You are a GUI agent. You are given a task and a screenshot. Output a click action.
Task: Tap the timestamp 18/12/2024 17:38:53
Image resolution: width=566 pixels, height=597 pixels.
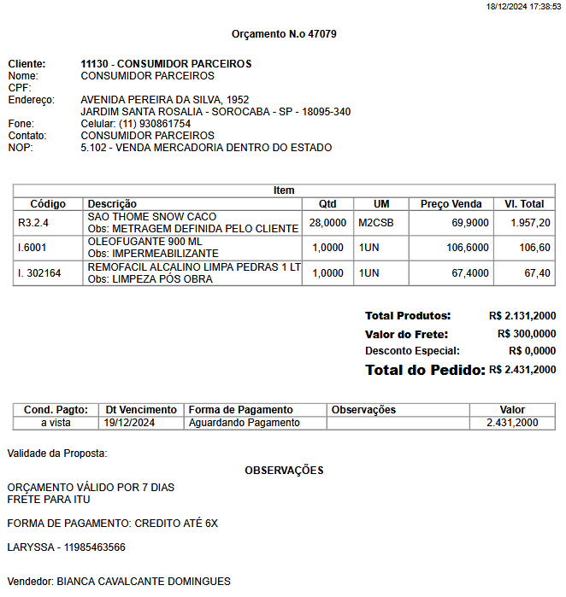coord(523,6)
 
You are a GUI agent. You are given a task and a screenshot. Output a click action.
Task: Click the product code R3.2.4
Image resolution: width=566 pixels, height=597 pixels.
coord(34,223)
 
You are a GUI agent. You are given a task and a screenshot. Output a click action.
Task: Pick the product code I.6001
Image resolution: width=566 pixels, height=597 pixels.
coord(32,248)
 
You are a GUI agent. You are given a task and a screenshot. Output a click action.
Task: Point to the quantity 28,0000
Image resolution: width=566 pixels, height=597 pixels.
coord(327,223)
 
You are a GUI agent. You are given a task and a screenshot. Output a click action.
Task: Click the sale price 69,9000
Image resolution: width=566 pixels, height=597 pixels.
coord(470,223)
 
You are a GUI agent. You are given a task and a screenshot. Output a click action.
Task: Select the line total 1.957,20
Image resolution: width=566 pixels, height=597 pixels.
coord(530,223)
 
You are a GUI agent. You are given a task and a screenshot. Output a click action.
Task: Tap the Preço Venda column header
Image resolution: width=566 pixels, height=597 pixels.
coord(451,204)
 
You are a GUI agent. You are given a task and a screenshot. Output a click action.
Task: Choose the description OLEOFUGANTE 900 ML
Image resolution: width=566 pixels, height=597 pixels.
coord(144,242)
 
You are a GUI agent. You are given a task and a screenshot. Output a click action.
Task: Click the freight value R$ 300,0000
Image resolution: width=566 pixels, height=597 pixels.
coord(526,334)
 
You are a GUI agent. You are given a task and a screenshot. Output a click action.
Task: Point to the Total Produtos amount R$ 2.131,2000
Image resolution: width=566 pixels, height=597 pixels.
coord(522,316)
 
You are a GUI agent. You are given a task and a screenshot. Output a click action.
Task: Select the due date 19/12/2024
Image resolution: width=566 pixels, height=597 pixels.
coord(129,423)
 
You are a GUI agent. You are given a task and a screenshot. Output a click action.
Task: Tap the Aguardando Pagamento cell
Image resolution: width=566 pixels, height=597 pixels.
coord(245,423)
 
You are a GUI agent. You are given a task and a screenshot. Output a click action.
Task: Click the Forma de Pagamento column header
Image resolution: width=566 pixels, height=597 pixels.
coord(241,410)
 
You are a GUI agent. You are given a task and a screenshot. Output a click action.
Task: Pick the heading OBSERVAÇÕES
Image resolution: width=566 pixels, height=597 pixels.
coord(284,471)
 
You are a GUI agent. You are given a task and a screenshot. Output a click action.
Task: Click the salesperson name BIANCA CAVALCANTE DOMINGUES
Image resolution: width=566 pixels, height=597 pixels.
coord(144,582)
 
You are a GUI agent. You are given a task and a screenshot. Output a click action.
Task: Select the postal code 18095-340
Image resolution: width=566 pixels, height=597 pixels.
coord(322,112)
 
